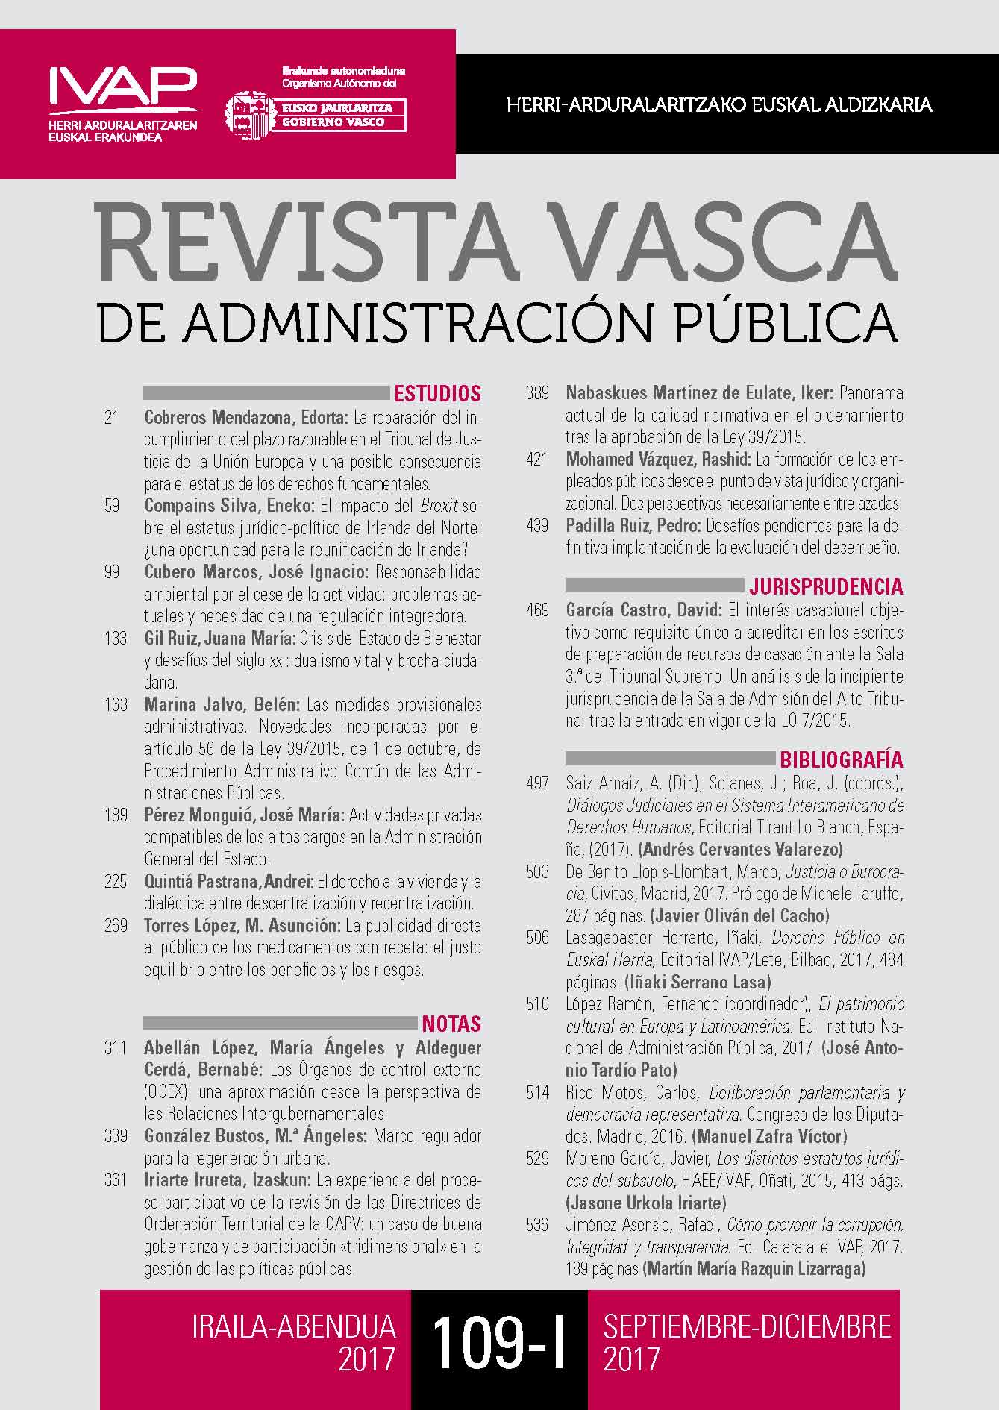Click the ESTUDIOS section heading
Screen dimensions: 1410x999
point(437,393)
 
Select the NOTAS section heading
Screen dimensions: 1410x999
point(451,1023)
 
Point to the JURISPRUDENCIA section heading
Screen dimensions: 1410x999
point(826,586)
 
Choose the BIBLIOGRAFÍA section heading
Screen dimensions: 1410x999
point(841,760)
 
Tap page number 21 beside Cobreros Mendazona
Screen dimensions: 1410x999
point(112,417)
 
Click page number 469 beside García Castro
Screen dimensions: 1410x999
point(537,610)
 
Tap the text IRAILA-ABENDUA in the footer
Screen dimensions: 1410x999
point(293,1327)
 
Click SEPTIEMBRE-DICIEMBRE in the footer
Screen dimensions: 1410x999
point(747,1327)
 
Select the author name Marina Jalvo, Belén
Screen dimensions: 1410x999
point(222,705)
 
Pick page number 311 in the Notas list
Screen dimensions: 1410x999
point(116,1048)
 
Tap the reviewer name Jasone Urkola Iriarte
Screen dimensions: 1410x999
point(646,1203)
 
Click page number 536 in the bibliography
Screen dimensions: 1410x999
point(537,1225)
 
